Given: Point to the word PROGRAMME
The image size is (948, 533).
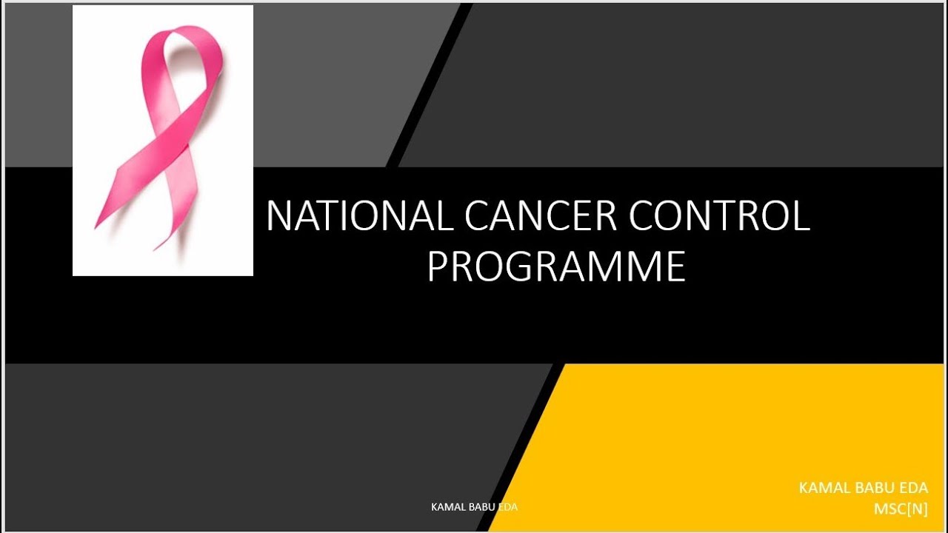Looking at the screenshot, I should (555, 267).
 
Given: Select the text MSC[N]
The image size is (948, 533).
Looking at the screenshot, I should (901, 509).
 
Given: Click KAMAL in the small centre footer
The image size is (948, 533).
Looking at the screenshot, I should (447, 507).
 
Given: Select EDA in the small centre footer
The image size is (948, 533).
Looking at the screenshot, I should (507, 507).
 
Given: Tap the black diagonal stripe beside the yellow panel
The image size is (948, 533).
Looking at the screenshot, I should (522, 448).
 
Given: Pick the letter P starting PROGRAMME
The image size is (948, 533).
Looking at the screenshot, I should (438, 267).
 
